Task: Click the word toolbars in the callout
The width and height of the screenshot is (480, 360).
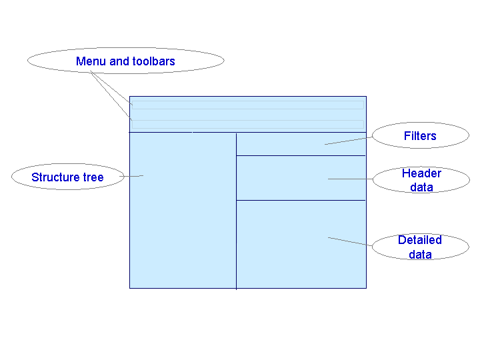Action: tap(153, 61)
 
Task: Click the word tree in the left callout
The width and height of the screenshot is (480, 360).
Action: tap(93, 177)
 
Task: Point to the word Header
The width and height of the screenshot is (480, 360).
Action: tap(421, 173)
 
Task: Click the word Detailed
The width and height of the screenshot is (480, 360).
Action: tap(420, 240)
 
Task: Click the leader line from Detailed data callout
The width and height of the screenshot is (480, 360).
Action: tap(350, 241)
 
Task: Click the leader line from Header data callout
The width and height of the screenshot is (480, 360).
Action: tap(350, 179)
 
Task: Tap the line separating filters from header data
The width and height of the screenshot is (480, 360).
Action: tap(301, 155)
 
